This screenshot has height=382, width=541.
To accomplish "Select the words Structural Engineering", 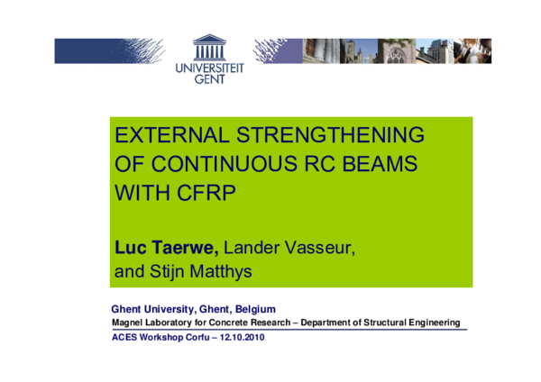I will [414, 323].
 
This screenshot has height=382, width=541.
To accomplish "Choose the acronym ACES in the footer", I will [124, 337].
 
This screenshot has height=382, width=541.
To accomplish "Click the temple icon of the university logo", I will [210, 44].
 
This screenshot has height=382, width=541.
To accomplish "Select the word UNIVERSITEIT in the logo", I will [210, 66].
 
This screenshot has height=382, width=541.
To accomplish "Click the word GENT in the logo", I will [210, 78].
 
